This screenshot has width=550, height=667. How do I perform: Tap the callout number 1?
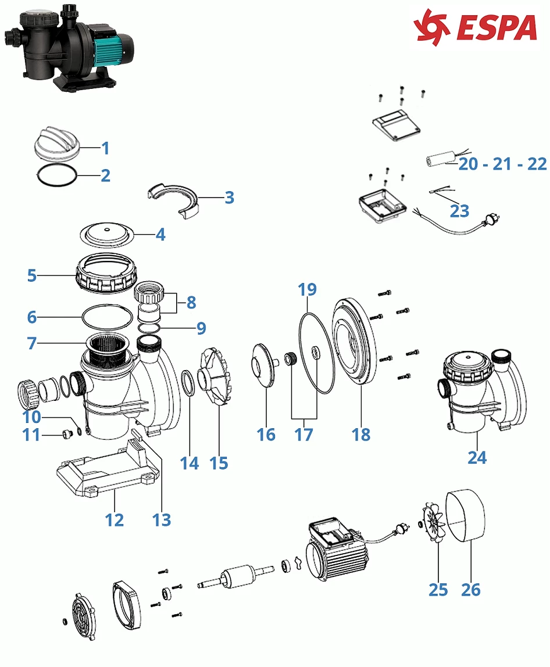(x=105, y=148)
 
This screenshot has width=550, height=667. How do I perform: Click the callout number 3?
(x=229, y=198)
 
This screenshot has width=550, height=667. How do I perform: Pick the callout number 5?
(x=31, y=275)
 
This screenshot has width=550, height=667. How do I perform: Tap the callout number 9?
(x=201, y=328)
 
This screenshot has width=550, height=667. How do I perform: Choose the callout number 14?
(x=190, y=463)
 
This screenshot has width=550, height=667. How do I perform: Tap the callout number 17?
(x=303, y=434)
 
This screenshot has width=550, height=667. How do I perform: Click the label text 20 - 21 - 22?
(x=502, y=164)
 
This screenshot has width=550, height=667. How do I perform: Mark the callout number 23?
(x=459, y=210)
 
